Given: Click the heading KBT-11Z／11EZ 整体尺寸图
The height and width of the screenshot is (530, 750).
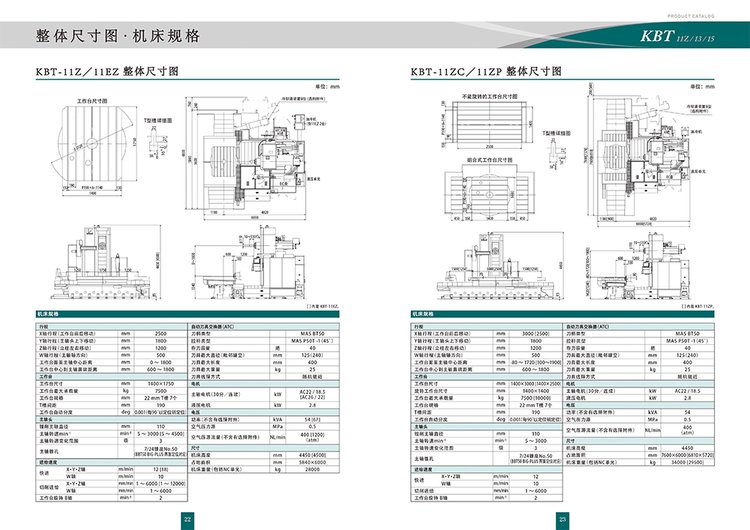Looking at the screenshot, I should pyautogui.click(x=106, y=73).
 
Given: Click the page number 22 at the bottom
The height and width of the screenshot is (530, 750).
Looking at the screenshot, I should pyautogui.click(x=187, y=518).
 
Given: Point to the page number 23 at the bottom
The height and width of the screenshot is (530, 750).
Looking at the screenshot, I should pyautogui.click(x=563, y=518).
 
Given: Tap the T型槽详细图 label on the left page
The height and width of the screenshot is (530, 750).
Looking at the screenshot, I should pyautogui.click(x=157, y=119).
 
